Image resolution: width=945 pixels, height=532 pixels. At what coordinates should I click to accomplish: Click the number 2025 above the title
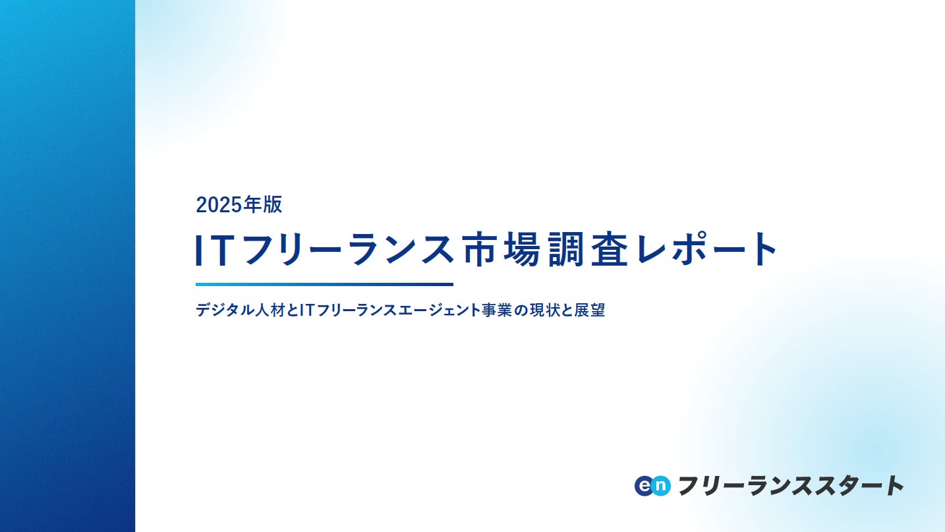[x=219, y=205]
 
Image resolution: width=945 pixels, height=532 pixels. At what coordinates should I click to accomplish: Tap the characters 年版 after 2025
[x=262, y=204]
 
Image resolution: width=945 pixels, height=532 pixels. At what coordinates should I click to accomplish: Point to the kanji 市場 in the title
[x=501, y=249]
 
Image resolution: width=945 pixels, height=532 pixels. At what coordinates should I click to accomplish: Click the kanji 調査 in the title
[x=588, y=249]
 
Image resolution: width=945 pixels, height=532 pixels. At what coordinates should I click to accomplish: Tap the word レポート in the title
[x=706, y=249]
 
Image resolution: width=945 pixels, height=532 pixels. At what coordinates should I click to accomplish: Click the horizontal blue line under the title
[x=324, y=284]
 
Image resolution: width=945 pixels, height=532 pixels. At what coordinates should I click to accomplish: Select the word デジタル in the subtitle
[x=219, y=310]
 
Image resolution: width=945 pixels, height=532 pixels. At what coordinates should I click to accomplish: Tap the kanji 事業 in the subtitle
[x=497, y=310]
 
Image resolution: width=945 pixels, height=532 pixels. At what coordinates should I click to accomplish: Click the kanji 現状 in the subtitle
[x=544, y=310]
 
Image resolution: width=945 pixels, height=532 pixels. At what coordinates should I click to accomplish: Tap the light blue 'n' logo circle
[x=661, y=486]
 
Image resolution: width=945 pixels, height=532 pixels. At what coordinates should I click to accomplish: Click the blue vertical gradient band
[x=67, y=266]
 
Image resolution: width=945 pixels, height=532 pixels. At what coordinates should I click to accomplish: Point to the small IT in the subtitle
[x=307, y=310]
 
